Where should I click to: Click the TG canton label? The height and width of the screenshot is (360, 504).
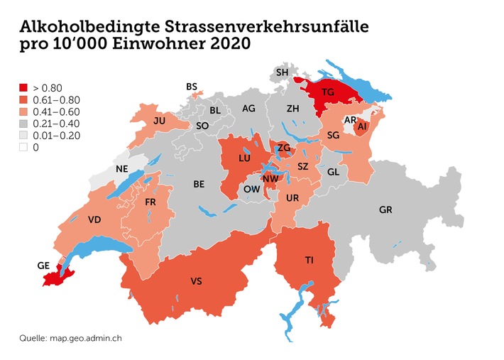327,92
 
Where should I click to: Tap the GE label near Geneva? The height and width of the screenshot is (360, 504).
43,266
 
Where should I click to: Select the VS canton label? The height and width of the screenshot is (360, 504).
197,282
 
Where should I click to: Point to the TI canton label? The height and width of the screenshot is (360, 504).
309,260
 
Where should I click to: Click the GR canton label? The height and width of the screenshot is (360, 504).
385,210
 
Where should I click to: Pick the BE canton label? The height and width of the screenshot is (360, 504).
199,184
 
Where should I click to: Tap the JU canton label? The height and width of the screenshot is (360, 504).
159,121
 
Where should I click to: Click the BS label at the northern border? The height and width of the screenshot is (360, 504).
192,87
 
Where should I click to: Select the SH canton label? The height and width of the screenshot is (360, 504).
282,72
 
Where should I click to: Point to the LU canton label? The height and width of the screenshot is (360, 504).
244,159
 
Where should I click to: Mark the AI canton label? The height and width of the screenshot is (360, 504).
363,126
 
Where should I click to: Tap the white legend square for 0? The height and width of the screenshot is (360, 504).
23,148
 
